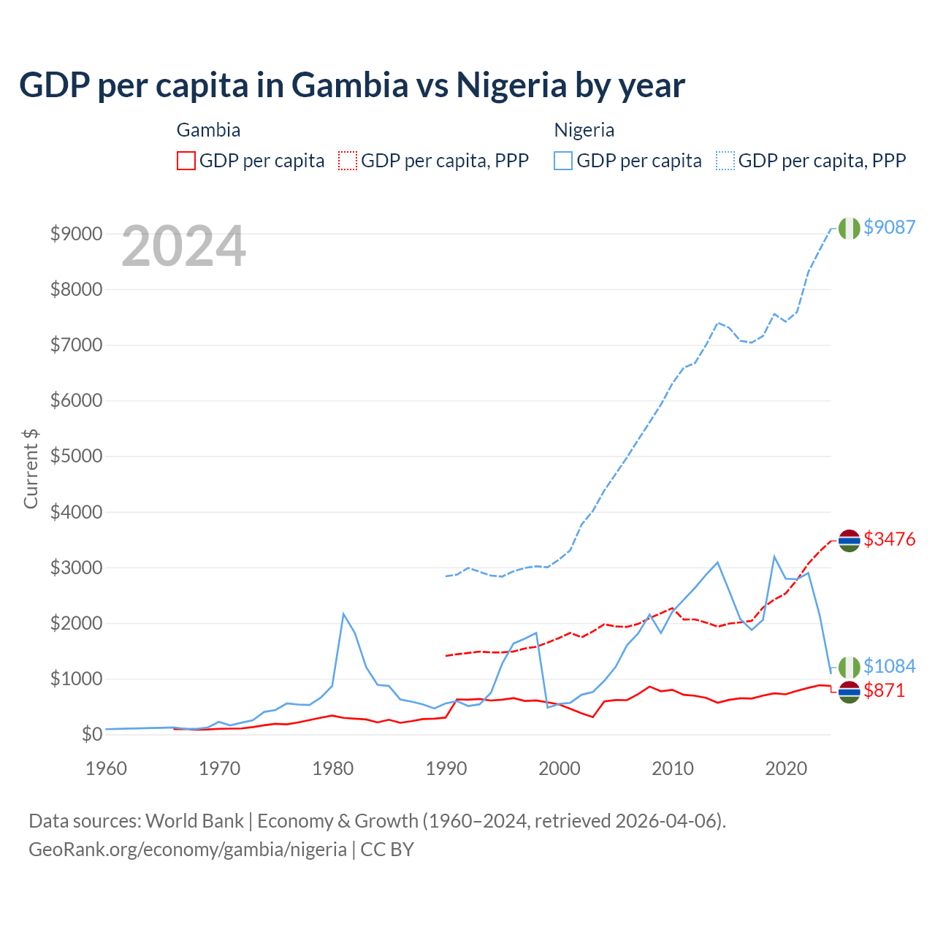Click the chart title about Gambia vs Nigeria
click(x=351, y=85)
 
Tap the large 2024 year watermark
click(x=183, y=246)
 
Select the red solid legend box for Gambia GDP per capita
click(x=186, y=161)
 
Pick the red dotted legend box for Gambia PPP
click(x=348, y=161)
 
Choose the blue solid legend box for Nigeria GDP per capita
click(x=563, y=161)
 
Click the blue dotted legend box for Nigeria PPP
click(x=725, y=161)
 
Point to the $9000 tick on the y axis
click(x=76, y=234)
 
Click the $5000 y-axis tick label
click(x=76, y=457)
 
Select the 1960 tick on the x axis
click(x=107, y=768)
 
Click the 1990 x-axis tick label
click(x=446, y=768)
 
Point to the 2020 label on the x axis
click(x=786, y=768)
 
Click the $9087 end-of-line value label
click(x=889, y=227)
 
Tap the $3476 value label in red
click(x=889, y=539)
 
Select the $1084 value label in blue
click(x=889, y=666)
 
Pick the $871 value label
click(x=884, y=690)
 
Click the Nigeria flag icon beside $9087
click(x=849, y=228)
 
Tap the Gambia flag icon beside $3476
click(x=849, y=541)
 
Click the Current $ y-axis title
click(x=31, y=468)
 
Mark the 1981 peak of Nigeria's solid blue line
click(x=343, y=614)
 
